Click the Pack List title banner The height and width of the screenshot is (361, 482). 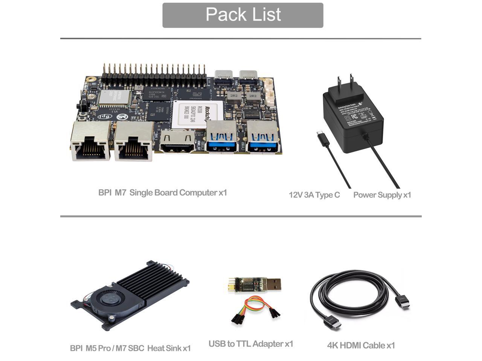[243, 15]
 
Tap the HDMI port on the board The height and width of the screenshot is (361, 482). [177, 142]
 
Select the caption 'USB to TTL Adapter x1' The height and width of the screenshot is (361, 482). [250, 344]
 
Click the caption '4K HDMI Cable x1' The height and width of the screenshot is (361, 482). [361, 345]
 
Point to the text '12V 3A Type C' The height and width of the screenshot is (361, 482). [314, 195]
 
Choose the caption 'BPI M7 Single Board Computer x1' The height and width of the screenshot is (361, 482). [163, 193]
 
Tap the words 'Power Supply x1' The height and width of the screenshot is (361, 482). [382, 195]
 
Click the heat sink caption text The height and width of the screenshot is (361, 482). [130, 348]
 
